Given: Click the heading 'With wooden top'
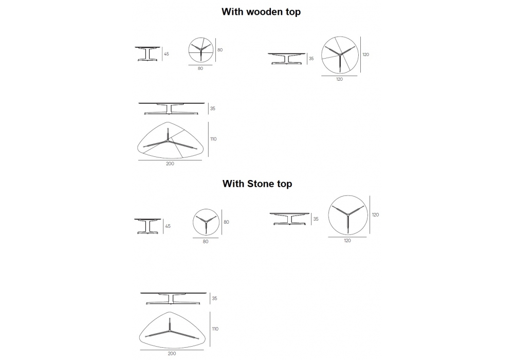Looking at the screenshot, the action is pyautogui.click(x=261, y=12).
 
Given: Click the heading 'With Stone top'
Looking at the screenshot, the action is pyautogui.click(x=257, y=184).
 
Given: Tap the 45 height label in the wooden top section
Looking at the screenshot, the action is pyautogui.click(x=166, y=54).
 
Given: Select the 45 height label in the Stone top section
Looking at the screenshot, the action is pyautogui.click(x=168, y=226).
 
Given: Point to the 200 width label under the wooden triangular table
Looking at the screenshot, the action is pyautogui.click(x=170, y=164).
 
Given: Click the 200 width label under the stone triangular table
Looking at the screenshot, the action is pyautogui.click(x=172, y=353).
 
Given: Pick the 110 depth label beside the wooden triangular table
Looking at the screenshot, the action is pyautogui.click(x=213, y=139).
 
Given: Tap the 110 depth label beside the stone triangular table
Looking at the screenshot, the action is pyautogui.click(x=215, y=329).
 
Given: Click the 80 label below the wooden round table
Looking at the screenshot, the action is pyautogui.click(x=200, y=68).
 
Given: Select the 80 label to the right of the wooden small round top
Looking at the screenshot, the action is pyautogui.click(x=220, y=50).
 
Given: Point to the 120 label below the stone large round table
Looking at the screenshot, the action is pyautogui.click(x=347, y=241).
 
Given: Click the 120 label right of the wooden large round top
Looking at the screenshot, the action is pyautogui.click(x=366, y=55).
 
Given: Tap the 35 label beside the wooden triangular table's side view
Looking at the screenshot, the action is pyautogui.click(x=213, y=109).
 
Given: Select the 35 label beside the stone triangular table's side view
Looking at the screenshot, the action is pyautogui.click(x=214, y=298).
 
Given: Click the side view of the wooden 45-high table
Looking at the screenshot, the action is pyautogui.click(x=148, y=54).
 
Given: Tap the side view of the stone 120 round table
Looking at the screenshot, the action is pyautogui.click(x=289, y=219).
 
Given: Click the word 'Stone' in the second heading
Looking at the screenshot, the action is pyautogui.click(x=260, y=184).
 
